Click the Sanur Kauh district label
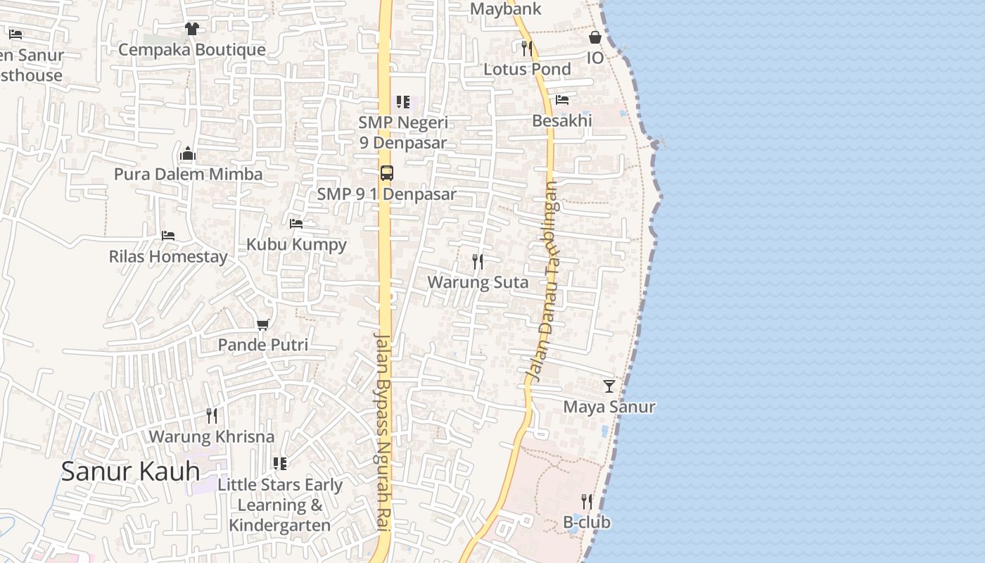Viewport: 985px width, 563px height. pyautogui.click(x=130, y=471)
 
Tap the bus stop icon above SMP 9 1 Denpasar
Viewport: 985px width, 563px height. pyautogui.click(x=386, y=172)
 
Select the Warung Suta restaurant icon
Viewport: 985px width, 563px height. pyautogui.click(x=478, y=262)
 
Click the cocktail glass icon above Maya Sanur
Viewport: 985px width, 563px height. pyautogui.click(x=609, y=386)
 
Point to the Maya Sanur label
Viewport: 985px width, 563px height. pyautogui.click(x=609, y=407)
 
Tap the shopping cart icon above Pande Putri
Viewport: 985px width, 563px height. pyautogui.click(x=263, y=324)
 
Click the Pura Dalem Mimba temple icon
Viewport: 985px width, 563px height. pyautogui.click(x=188, y=153)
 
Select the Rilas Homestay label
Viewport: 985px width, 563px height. pyautogui.click(x=168, y=256)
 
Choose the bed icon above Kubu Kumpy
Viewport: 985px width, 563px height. pyautogui.click(x=296, y=224)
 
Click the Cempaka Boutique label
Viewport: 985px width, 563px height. pyautogui.click(x=192, y=49)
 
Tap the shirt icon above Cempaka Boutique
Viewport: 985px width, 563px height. pyautogui.click(x=191, y=29)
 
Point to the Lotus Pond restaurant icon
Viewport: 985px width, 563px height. pyautogui.click(x=527, y=48)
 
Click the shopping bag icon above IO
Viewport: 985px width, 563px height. pyautogui.click(x=595, y=37)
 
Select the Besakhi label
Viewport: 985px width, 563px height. pyautogui.click(x=562, y=120)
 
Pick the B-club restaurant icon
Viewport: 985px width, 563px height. pyautogui.click(x=587, y=501)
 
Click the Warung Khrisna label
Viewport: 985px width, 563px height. pyautogui.click(x=211, y=436)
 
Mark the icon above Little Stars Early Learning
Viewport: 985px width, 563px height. pyautogui.click(x=280, y=464)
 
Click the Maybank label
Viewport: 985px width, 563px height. pyautogui.click(x=506, y=9)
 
